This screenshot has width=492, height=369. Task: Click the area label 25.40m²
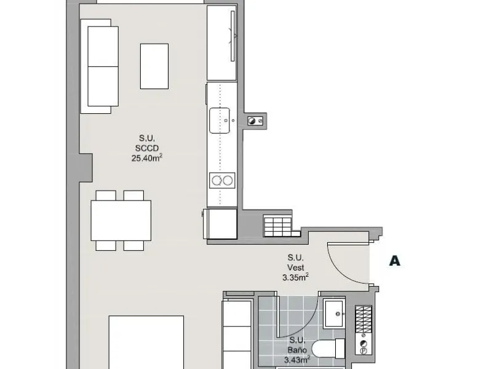click(x=147, y=158)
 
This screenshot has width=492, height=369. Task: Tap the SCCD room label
click(x=147, y=148)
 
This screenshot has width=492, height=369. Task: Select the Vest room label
click(x=296, y=268)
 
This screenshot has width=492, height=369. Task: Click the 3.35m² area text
click(x=296, y=277)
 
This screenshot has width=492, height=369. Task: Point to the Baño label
click(x=297, y=350)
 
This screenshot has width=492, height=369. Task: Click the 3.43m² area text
click(x=297, y=360)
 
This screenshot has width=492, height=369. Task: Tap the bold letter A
click(x=395, y=261)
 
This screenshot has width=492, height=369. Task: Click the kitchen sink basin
click(x=220, y=121)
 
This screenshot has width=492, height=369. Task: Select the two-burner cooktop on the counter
click(x=222, y=180)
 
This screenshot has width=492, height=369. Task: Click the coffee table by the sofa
click(x=154, y=66)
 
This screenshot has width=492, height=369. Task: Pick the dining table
click(x=121, y=221)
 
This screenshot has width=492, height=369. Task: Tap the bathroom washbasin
click(x=335, y=314)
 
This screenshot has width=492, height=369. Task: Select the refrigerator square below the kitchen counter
click(x=221, y=224)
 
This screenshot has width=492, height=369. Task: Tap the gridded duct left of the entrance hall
click(x=278, y=226)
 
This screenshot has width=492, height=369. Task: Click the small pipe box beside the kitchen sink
click(x=255, y=121)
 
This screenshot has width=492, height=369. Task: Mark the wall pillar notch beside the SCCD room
click(x=85, y=168)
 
